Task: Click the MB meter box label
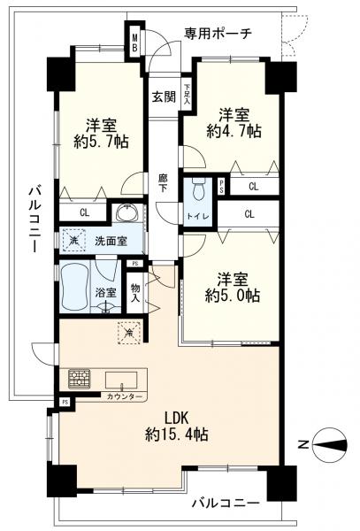point(134,42)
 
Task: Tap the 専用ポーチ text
point(218,34)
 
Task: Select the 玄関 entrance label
point(164,97)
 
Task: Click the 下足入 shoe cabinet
point(187,94)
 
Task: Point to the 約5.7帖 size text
point(101,142)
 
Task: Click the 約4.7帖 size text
point(234,130)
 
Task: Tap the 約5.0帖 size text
point(232,296)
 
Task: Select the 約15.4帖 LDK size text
point(177,434)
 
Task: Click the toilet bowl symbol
point(198,190)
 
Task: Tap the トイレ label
point(198,216)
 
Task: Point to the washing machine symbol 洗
point(73,241)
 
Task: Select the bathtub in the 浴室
point(74,286)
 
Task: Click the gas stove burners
point(80,379)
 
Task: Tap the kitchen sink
point(121,380)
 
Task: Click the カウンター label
point(124,396)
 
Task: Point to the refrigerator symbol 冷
point(128,333)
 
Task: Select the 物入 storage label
point(135,294)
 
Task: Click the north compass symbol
point(330,444)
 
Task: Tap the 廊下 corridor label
point(163,182)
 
